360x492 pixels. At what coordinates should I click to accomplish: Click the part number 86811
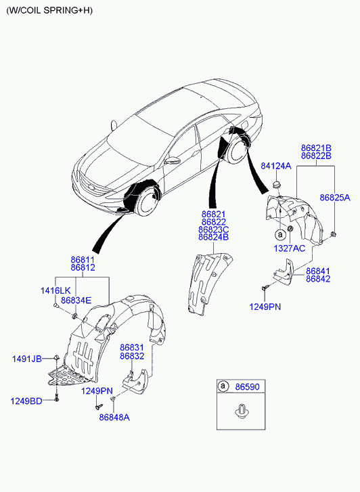click(83, 260)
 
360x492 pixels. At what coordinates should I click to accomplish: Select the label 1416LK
click(55, 290)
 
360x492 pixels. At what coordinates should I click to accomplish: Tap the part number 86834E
click(76, 300)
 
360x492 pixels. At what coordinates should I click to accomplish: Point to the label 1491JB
click(27, 359)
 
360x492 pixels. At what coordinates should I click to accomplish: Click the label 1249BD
click(26, 401)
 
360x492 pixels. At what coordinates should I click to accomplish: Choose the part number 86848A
click(114, 418)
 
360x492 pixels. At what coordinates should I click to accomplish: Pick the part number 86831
click(132, 348)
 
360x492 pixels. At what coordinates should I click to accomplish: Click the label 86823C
click(213, 229)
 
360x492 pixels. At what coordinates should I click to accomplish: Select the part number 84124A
click(276, 166)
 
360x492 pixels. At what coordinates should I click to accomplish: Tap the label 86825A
click(335, 198)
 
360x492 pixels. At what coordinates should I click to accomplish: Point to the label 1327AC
click(290, 248)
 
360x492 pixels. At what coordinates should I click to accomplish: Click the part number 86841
click(318, 271)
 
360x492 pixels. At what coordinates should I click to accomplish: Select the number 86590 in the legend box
click(248, 387)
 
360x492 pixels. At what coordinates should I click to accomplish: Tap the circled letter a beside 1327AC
click(279, 234)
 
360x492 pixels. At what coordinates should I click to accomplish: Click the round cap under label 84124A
click(276, 184)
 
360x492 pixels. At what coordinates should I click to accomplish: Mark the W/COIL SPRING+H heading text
click(49, 10)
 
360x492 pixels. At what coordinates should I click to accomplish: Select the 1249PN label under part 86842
click(265, 307)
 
